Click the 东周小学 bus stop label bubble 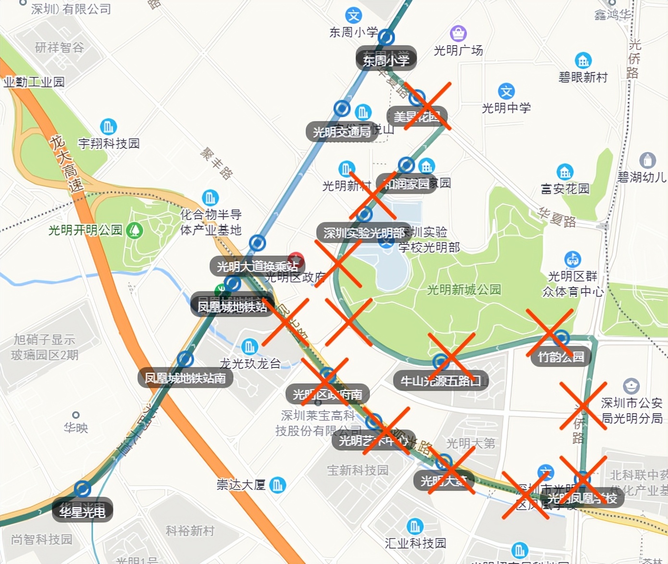(386, 60)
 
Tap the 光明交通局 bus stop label (342, 132)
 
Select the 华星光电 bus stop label (82, 511)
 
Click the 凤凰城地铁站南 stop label (185, 378)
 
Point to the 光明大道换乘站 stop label (257, 266)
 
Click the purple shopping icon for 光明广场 (458, 34)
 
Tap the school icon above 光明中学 (506, 91)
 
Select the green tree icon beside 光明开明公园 (135, 230)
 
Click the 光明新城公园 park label (464, 290)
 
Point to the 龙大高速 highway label (67, 163)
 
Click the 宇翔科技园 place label (109, 144)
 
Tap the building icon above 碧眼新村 (583, 61)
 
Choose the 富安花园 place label (565, 189)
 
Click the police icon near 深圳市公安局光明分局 (631, 386)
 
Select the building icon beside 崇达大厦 (277, 485)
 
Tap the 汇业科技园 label (415, 543)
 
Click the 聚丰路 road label (217, 163)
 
